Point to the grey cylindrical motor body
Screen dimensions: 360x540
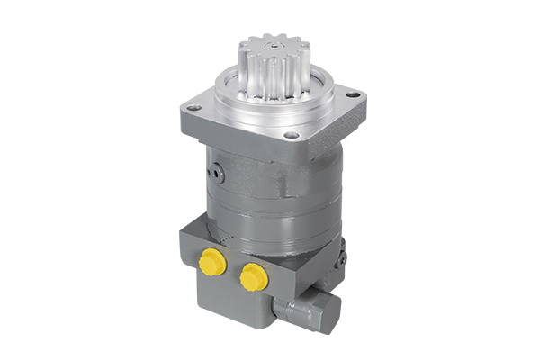click(270, 216)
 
